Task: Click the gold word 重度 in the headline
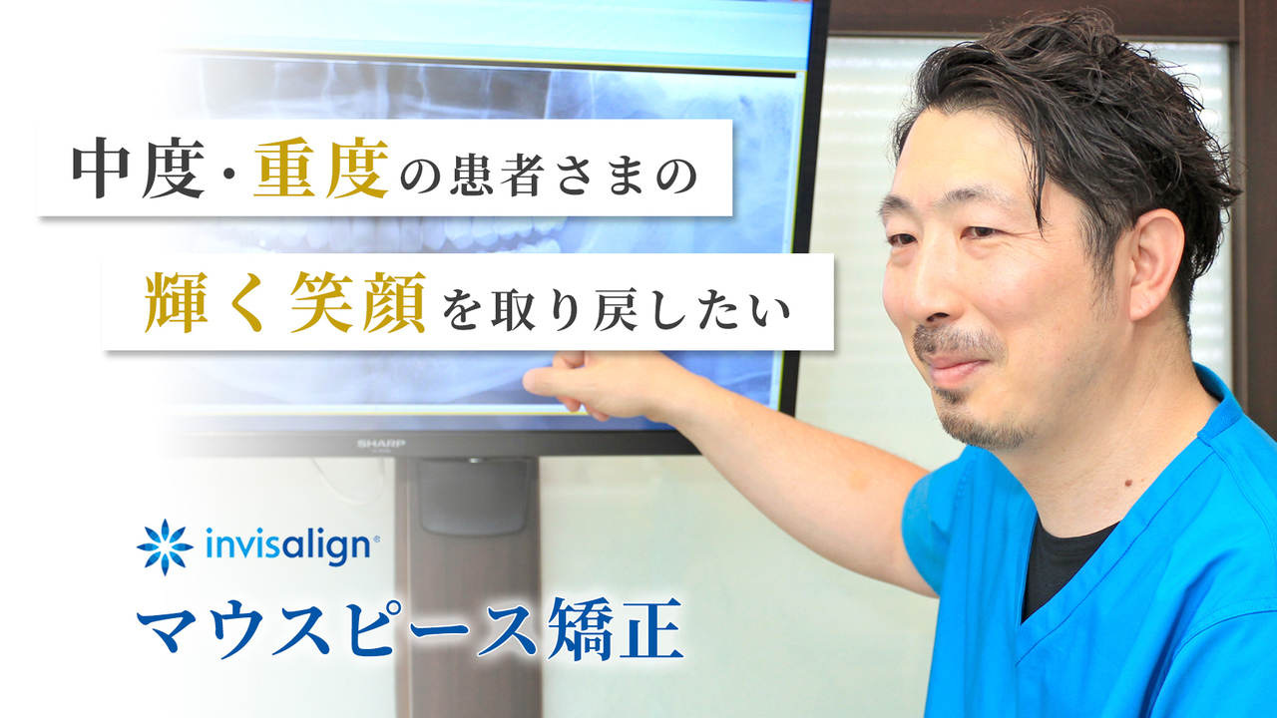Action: point(321,169)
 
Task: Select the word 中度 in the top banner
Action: point(138,169)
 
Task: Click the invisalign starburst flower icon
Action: point(165,547)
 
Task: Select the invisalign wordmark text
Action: point(288,545)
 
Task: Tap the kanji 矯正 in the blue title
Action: point(615,628)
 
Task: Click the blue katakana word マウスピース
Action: point(338,628)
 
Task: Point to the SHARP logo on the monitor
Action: point(381,444)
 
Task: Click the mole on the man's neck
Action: point(1124,484)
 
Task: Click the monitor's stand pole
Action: point(468,587)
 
